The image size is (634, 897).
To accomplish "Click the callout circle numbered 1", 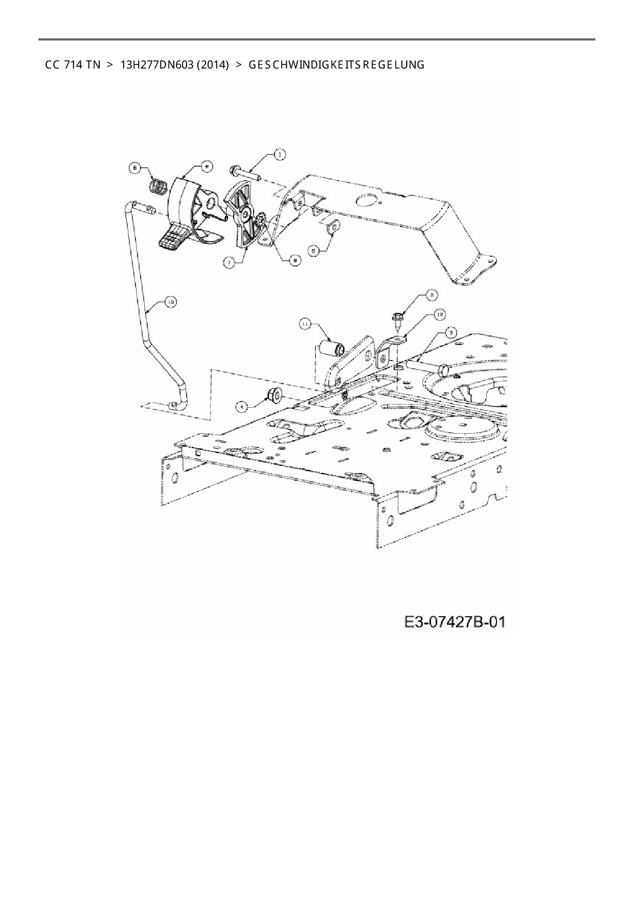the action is tap(279, 153).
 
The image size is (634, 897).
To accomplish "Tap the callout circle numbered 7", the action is tap(230, 262).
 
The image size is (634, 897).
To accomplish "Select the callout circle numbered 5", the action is tap(314, 250).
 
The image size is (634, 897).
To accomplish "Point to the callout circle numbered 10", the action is tap(170, 303).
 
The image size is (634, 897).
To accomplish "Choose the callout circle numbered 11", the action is tap(305, 324).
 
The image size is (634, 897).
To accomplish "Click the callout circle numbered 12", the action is tap(439, 314).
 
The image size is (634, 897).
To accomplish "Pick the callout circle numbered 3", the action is tap(450, 332).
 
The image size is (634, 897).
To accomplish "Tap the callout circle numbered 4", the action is tap(242, 407).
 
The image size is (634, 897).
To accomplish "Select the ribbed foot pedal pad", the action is tap(172, 239).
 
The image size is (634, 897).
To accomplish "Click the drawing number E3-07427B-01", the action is tap(455, 622).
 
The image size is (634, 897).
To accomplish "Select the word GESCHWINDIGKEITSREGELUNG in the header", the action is tap(336, 65).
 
